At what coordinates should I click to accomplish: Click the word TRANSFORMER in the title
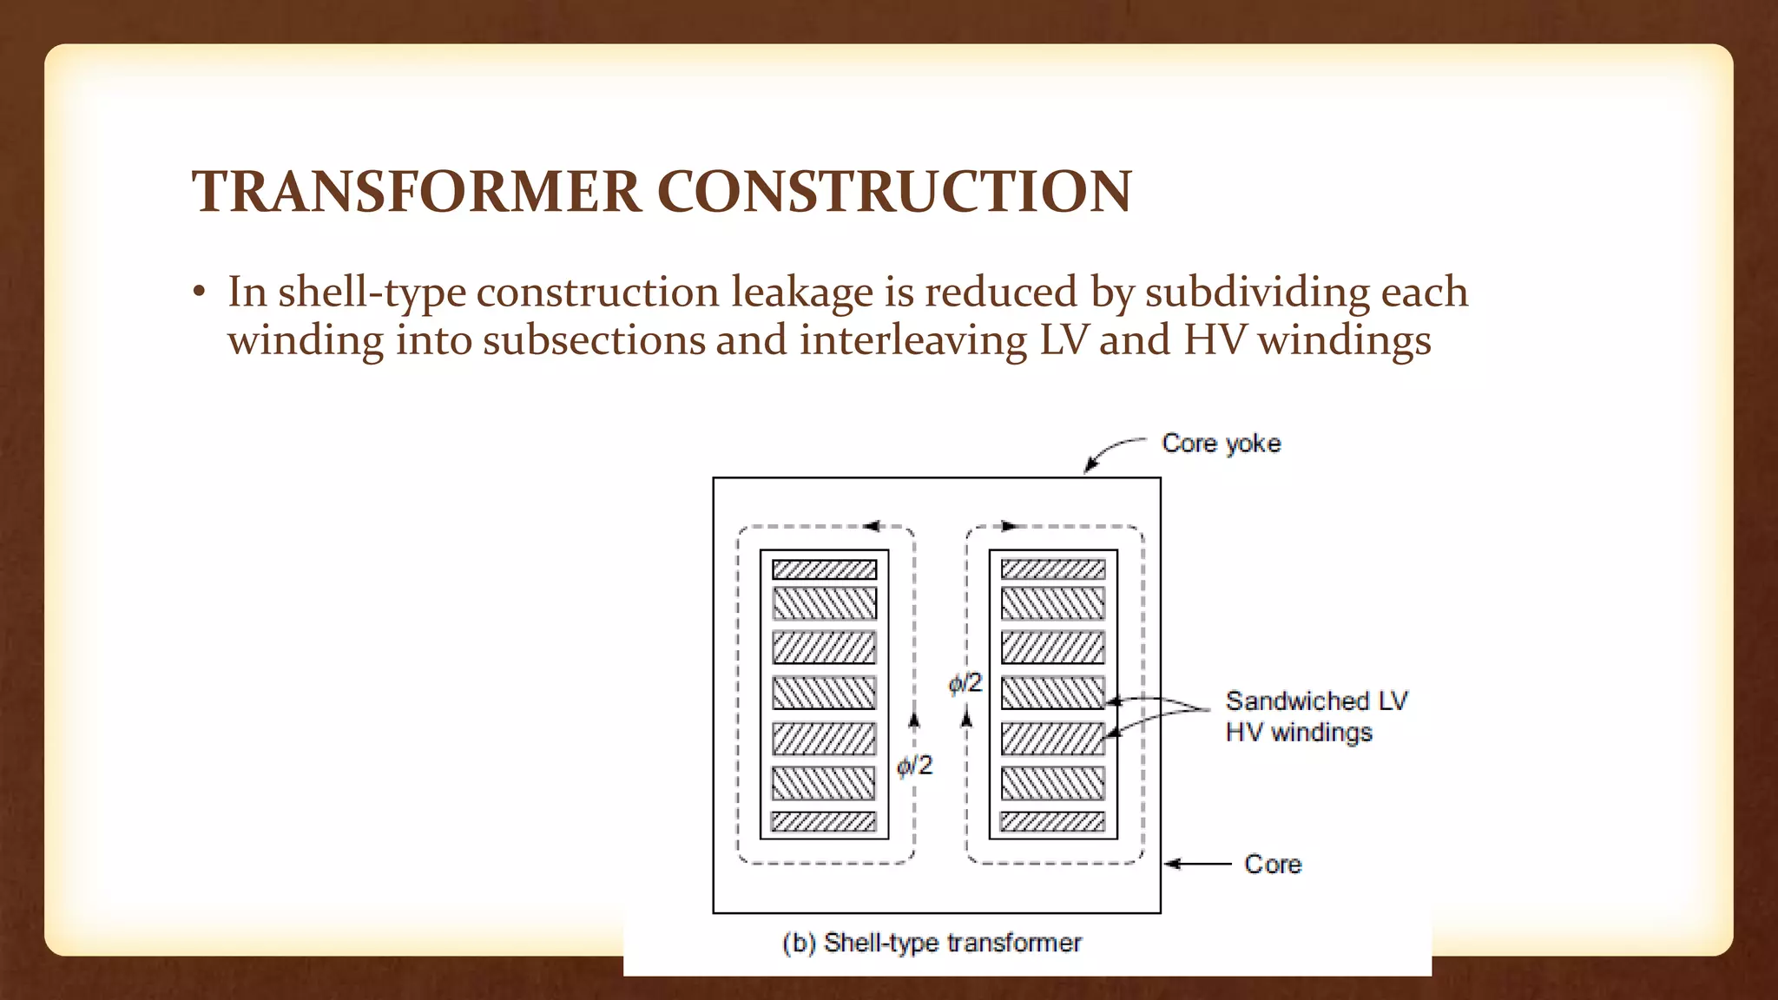coord(417,191)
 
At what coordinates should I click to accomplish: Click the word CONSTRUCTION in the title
coord(894,191)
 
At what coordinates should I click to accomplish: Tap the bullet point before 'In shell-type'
coord(200,294)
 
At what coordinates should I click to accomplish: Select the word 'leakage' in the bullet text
coord(801,293)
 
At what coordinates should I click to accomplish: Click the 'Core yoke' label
coord(1221,444)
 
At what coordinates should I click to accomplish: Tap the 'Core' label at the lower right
coord(1273,865)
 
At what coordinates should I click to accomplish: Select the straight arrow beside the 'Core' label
coord(1197,864)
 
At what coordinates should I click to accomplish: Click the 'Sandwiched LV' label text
coord(1316,701)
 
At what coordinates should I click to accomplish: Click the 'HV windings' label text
coord(1299,733)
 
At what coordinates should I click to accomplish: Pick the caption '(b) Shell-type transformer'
coord(932,943)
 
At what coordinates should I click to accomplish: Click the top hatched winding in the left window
coord(824,570)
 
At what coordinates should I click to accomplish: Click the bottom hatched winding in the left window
coord(823,822)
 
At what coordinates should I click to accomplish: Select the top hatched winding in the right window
coord(1053,570)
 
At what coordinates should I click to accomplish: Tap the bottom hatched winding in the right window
coord(1052,822)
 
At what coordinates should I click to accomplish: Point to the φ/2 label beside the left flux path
coord(914,766)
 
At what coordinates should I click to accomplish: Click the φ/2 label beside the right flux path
coord(965,684)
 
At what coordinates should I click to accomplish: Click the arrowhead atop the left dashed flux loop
coord(873,526)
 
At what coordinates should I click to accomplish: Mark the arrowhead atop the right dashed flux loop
coord(1010,526)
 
